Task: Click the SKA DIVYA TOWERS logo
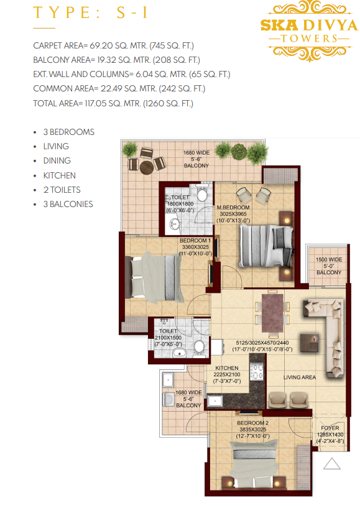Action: coord(309,31)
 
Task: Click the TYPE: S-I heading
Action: coord(91,12)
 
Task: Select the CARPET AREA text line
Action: coord(113,45)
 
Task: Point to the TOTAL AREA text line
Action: coord(113,103)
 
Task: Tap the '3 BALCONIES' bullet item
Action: coord(68,204)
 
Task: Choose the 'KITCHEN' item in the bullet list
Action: coord(60,175)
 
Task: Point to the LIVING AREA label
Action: coord(300,377)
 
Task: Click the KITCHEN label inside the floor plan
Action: coord(227,368)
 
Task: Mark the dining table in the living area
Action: coord(272,312)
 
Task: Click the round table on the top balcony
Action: coord(147,167)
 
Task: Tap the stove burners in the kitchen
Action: coord(257,371)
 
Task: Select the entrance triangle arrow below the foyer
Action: coord(332,464)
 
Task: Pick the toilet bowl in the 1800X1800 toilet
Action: coord(202,196)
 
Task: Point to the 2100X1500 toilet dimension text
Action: coord(168,338)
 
